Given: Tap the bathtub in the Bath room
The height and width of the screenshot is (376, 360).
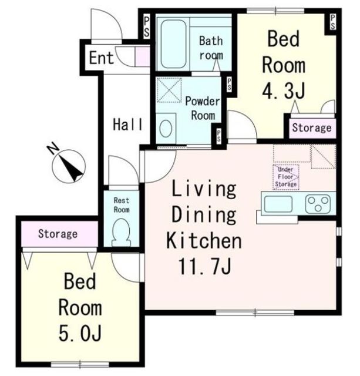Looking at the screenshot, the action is [173, 44].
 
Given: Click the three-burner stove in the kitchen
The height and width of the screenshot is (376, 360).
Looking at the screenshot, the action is [318, 204].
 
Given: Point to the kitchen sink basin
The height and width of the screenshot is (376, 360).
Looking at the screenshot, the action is [278, 204].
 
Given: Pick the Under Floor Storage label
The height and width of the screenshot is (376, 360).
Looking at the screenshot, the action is [286, 177].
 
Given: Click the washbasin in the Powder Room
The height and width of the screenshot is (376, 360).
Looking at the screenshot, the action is [166, 128].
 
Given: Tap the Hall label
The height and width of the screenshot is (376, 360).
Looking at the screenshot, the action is [128, 125].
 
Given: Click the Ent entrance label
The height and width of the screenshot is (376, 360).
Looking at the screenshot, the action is [101, 58].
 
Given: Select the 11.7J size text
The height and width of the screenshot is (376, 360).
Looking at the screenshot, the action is [204, 266].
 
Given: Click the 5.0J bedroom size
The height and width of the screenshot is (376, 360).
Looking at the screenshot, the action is [80, 333].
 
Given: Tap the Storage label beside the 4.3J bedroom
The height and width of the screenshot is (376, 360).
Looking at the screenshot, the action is [312, 128].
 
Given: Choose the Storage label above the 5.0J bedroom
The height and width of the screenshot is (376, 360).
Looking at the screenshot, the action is [58, 234].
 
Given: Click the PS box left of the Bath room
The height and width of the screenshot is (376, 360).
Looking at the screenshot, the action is [146, 26].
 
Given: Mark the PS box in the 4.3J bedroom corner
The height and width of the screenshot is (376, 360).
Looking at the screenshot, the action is [332, 22].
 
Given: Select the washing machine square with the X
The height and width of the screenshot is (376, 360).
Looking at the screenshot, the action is [169, 90].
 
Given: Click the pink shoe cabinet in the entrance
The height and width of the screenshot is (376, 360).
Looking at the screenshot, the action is [142, 56].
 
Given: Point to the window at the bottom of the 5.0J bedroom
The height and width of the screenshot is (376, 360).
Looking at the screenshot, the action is [80, 364].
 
